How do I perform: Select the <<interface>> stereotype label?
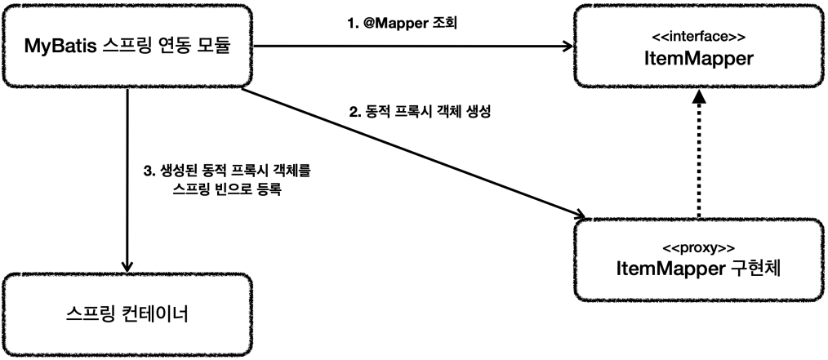pos(698,37)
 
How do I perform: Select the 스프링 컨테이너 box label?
pos(127,313)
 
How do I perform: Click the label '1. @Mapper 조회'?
pos(403,22)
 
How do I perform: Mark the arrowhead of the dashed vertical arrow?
pos(698,96)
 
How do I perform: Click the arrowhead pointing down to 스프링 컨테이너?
pos(127,266)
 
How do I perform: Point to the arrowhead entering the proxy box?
pos(581,216)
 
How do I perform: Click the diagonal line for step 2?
pos(408,152)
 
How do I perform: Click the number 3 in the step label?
pos(146,171)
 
